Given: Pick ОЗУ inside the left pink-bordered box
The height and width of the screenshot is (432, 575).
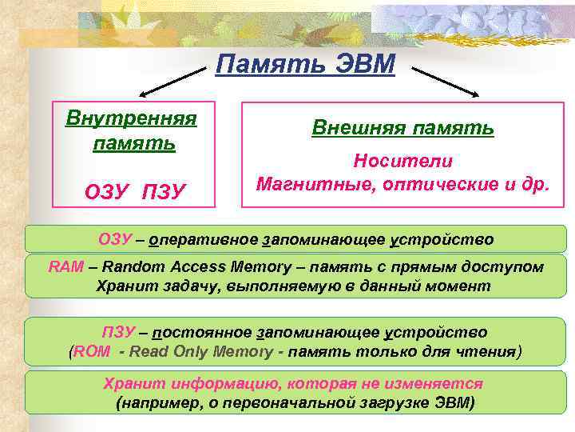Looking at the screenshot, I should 107,192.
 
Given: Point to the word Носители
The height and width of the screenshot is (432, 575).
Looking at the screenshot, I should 402,162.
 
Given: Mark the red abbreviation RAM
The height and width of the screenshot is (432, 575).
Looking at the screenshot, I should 65,266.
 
